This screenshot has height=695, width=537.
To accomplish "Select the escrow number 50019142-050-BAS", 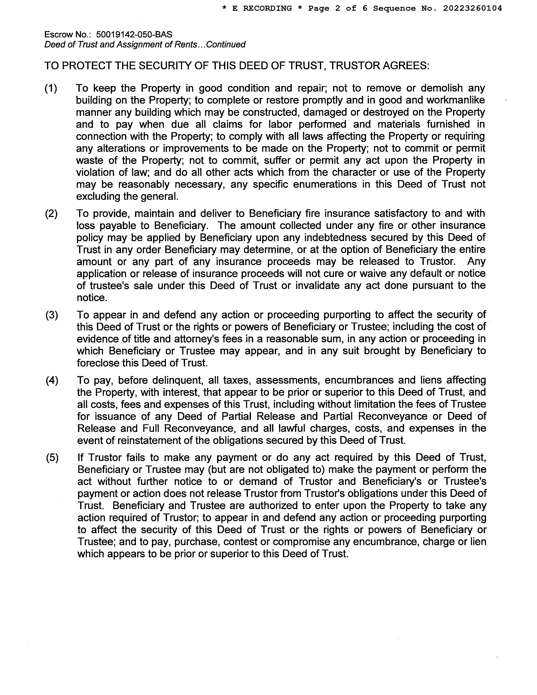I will pos(134,34).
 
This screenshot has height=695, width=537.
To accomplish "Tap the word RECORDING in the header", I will pos(267,8).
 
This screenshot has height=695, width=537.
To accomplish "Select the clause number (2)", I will pos(51,214).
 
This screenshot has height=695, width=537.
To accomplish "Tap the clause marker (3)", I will pos(52,315).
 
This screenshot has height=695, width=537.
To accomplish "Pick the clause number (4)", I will pos(52,380).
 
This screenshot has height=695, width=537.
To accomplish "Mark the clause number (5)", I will pos(52,458).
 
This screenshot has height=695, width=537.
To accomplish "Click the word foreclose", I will pos(100,363).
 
